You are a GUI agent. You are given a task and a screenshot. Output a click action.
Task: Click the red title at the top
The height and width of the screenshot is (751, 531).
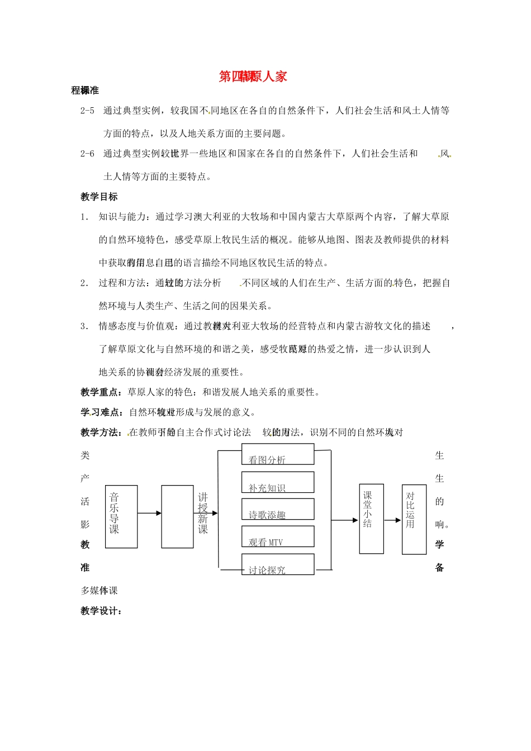[253, 77]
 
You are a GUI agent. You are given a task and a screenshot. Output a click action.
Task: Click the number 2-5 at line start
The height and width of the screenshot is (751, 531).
[87, 111]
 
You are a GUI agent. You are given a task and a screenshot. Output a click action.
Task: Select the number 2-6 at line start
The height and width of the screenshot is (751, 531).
[87, 154]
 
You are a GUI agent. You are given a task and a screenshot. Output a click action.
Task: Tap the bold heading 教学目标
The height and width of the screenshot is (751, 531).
[99, 197]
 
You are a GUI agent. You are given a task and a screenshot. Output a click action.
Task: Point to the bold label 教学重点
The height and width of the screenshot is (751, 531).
[102, 392]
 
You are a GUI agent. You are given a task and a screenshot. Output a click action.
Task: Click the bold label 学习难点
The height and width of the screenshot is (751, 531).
[103, 412]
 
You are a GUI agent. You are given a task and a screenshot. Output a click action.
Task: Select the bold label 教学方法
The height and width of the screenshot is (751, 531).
[103, 432]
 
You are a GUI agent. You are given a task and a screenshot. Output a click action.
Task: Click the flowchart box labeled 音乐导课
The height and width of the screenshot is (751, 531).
[121, 516]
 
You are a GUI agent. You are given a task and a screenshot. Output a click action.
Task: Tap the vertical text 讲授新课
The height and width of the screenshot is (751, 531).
[203, 513]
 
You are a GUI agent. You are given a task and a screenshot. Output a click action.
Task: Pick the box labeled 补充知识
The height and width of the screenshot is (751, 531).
[278, 483]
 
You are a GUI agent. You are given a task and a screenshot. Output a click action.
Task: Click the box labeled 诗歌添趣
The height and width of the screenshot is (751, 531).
[278, 510]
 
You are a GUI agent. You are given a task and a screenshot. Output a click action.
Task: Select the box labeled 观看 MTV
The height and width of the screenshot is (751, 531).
[278, 537]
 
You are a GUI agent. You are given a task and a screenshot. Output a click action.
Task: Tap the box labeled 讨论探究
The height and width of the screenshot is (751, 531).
[278, 564]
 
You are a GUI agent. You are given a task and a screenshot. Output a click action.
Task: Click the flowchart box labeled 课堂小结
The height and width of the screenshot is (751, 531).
[371, 519]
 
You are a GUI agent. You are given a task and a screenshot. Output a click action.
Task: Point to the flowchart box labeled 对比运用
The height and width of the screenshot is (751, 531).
[414, 519]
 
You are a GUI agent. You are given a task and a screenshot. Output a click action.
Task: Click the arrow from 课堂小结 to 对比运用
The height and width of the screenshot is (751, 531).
[393, 520]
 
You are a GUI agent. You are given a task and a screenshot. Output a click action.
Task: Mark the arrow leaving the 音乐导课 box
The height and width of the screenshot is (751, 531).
[149, 513]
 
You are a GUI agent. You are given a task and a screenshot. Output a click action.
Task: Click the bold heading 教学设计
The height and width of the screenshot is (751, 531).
[101, 611]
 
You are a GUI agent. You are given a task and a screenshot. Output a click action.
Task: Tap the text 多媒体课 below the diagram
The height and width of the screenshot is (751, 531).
[99, 591]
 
